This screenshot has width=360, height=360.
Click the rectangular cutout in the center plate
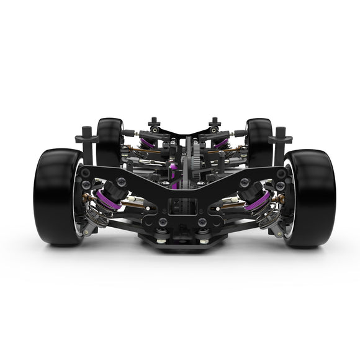pyautogui.click(x=182, y=205)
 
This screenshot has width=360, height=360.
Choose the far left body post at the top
pyautogui.click(x=153, y=122)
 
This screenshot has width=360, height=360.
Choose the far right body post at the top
pyautogui.click(x=214, y=122)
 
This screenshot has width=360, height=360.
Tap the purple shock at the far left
pyautogui.click(x=146, y=143)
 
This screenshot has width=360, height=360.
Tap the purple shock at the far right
pyautogui.click(x=222, y=143)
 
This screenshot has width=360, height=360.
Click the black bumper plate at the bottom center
pyautogui.click(x=182, y=242)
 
